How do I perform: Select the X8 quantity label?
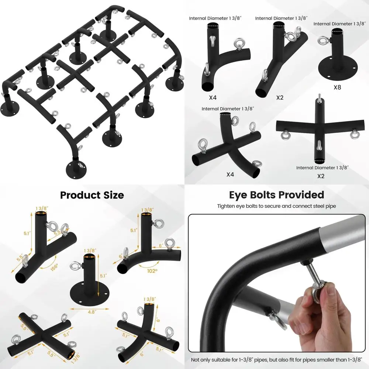(337, 87)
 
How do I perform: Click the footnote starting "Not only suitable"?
(277, 360)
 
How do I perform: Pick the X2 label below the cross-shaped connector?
(321, 176)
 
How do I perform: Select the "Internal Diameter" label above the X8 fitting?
(338, 24)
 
